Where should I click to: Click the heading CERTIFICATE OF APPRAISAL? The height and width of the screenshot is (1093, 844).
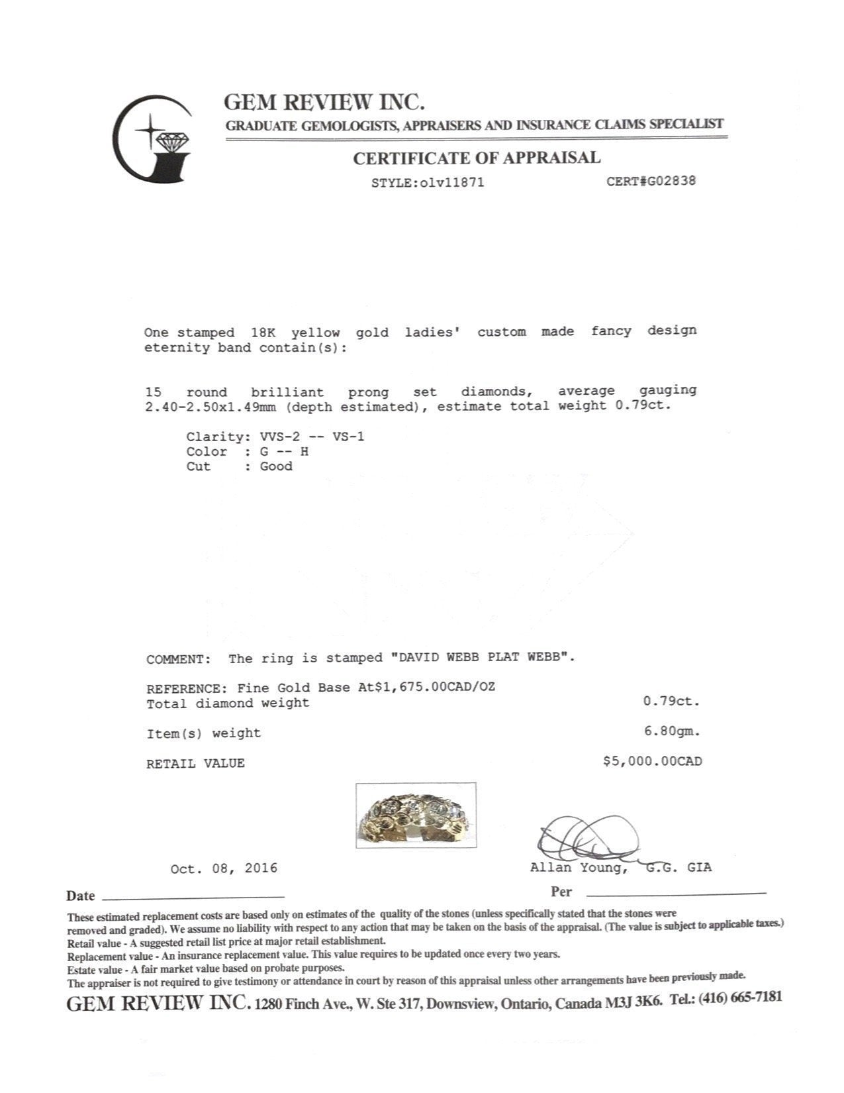pos(476,158)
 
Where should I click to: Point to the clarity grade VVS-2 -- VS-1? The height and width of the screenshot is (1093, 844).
pos(312,437)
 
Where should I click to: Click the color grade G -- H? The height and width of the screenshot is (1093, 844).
pos(284,452)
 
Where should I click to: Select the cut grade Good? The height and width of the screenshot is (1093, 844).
pos(275,466)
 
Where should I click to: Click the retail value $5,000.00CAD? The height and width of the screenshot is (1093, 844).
pos(652,762)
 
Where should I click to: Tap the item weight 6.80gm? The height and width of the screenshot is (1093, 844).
pos(671,732)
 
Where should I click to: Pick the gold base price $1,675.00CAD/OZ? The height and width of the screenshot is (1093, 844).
pos(435,688)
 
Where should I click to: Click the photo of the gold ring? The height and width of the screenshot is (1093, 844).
pos(416,815)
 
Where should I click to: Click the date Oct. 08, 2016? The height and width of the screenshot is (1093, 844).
pos(224,868)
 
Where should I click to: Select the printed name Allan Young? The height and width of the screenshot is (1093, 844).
pos(577,868)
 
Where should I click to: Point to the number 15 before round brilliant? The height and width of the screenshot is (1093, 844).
pos(152,392)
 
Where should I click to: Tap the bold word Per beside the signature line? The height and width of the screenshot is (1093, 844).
pos(561,892)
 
